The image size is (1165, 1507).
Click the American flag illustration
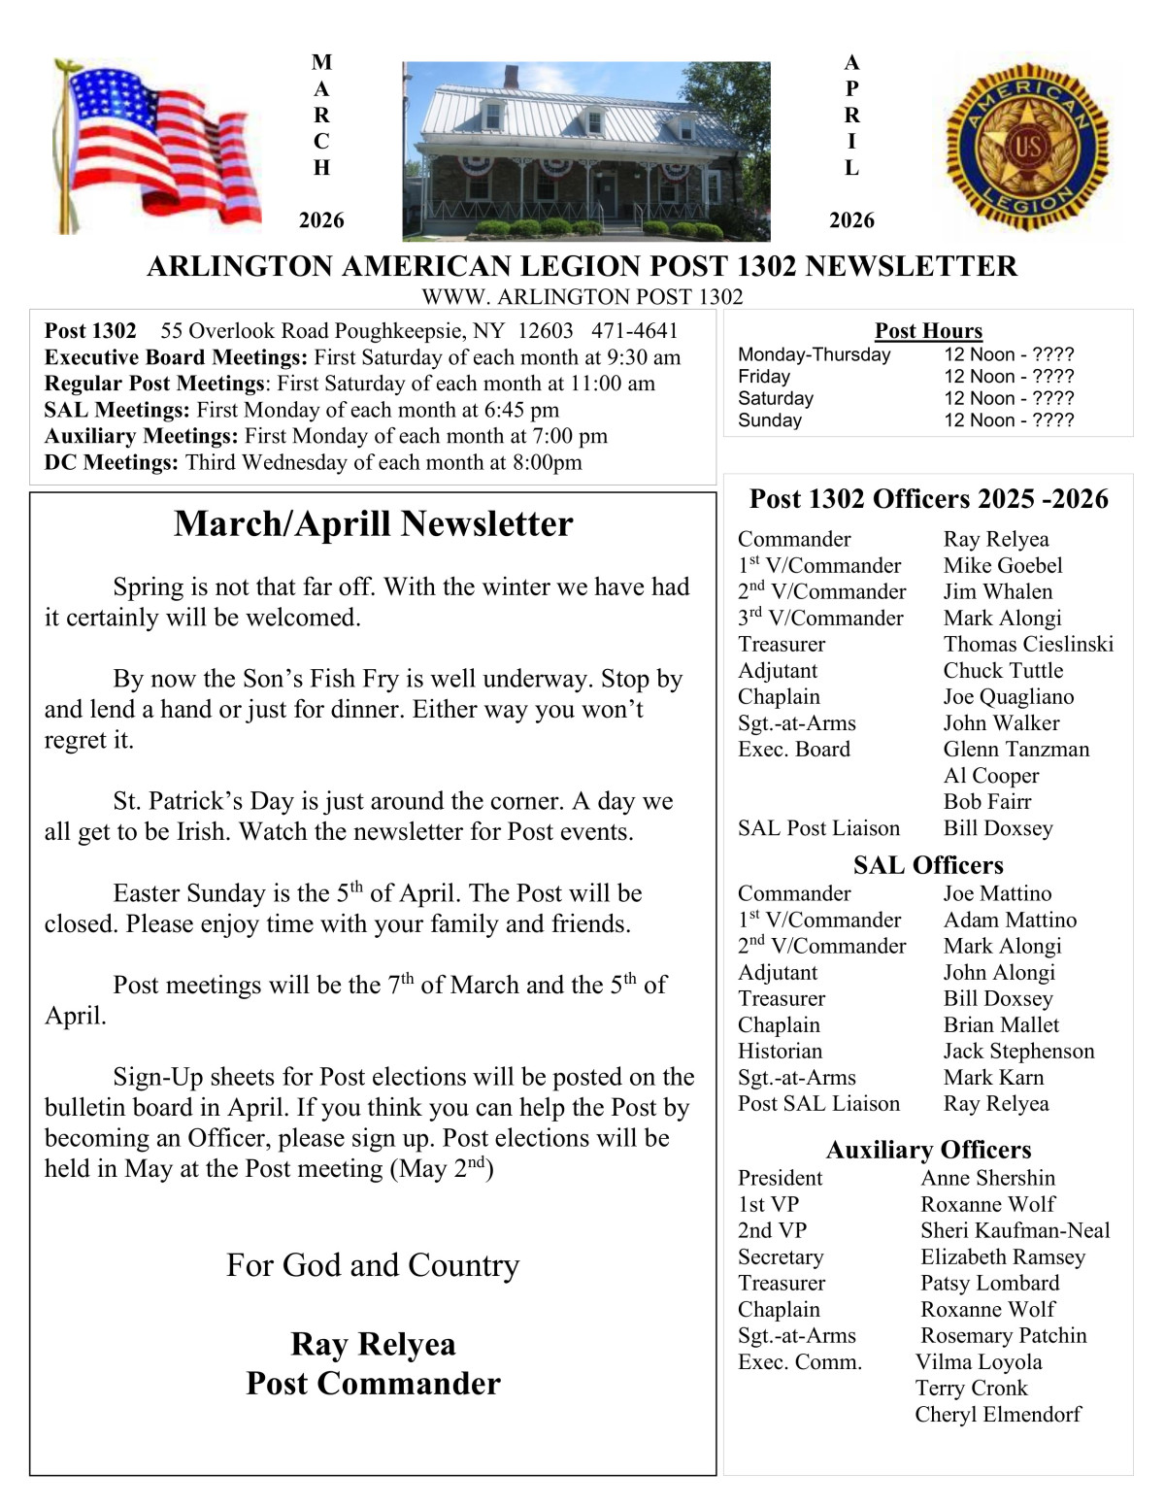(155, 146)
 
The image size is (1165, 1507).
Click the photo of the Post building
(585, 151)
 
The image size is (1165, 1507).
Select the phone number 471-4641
(634, 331)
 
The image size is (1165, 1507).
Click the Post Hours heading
(928, 331)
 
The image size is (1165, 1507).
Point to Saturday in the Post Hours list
(776, 398)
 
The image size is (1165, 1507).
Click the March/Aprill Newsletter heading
(373, 524)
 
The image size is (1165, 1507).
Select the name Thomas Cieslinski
(1028, 645)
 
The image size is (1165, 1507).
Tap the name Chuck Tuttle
(1003, 671)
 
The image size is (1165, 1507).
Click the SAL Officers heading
(928, 865)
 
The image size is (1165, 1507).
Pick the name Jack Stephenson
(1018, 1052)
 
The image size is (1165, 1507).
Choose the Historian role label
(780, 1052)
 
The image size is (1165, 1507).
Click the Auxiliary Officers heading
(928, 1150)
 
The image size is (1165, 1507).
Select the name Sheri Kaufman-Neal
(1015, 1231)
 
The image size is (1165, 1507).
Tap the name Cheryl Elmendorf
(997, 1415)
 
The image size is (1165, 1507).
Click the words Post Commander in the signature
(373, 1384)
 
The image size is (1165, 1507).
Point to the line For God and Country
(373, 1266)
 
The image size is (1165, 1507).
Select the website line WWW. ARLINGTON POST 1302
(582, 297)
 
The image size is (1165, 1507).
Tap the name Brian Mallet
(1001, 1025)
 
